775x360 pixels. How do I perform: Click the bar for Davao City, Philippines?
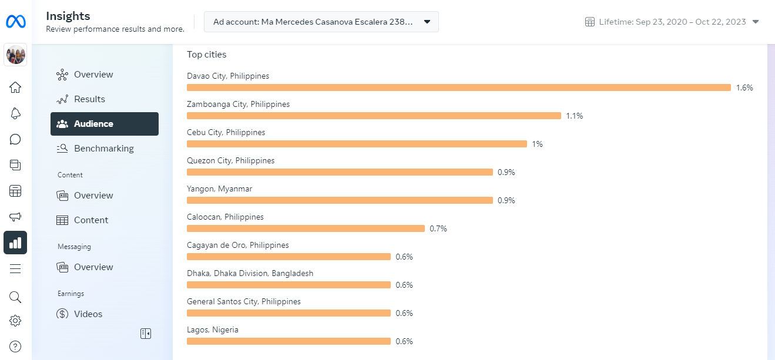[458, 88]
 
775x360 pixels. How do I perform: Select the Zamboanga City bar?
[374, 116]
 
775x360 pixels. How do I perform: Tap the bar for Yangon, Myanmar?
[340, 200]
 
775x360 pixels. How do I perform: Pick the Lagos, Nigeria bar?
[288, 341]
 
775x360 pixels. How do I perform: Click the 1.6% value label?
[744, 88]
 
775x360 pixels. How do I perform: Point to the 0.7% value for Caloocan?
[438, 228]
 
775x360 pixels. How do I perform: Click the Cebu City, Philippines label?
[226, 132]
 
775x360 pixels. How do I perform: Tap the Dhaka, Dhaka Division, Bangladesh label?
[250, 273]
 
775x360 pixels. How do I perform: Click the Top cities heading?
[207, 55]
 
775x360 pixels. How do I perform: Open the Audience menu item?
[105, 124]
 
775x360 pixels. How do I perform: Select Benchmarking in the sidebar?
[103, 149]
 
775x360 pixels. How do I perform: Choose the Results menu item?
[89, 99]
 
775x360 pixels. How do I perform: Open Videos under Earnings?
[88, 314]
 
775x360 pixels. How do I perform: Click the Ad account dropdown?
[321, 22]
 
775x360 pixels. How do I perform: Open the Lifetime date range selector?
[672, 22]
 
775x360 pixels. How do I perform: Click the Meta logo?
[15, 22]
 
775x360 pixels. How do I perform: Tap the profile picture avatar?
[15, 55]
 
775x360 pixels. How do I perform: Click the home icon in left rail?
[15, 88]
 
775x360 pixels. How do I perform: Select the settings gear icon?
[15, 321]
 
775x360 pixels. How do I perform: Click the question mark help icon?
[15, 346]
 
